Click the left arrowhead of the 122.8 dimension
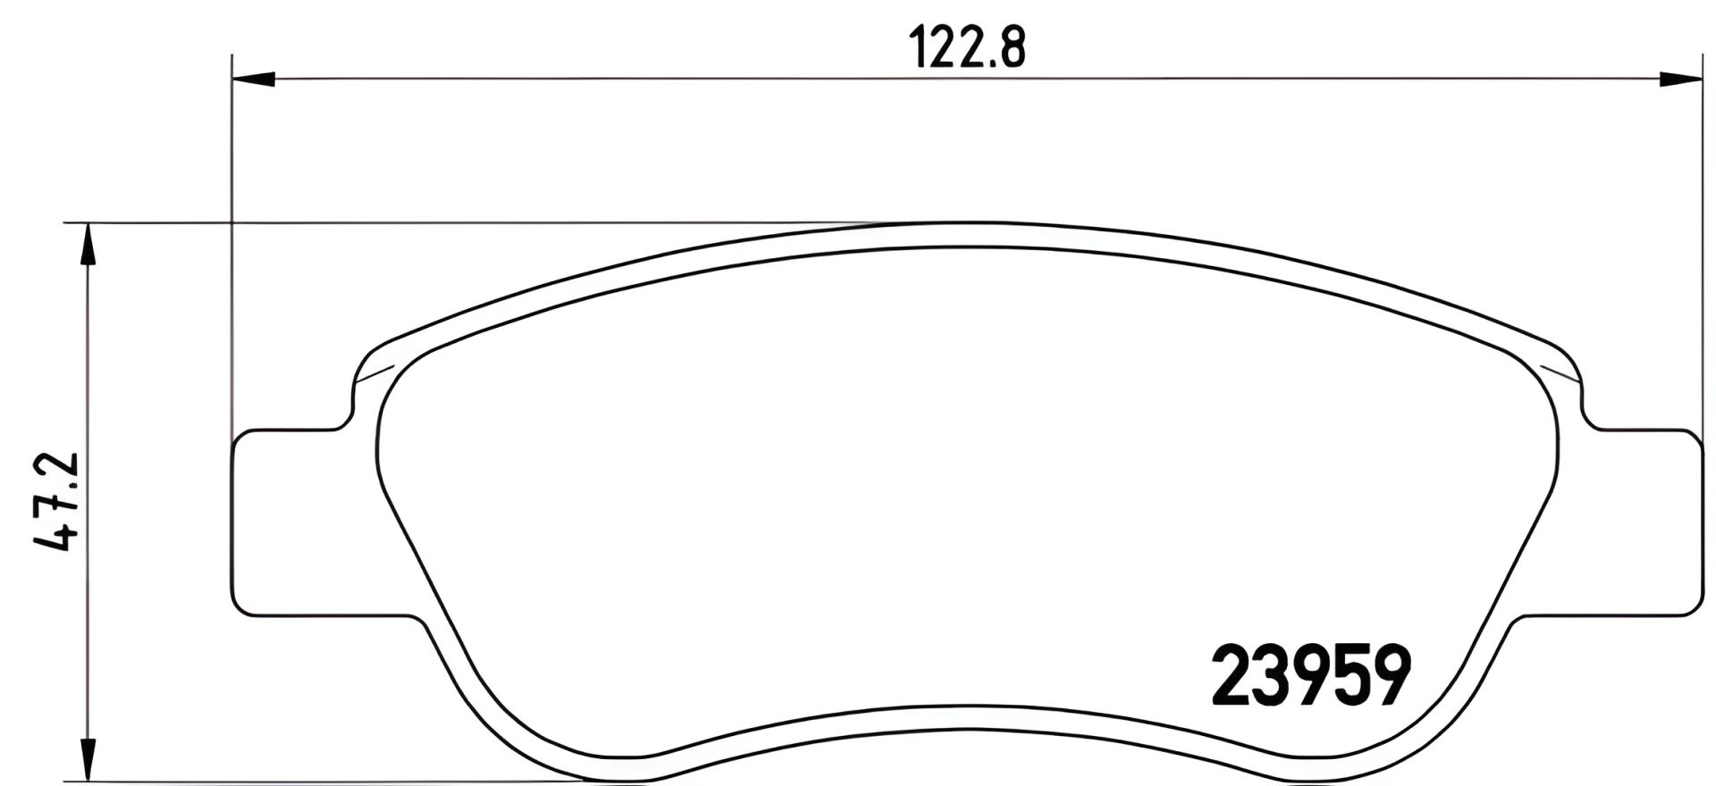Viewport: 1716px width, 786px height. pyautogui.click(x=251, y=80)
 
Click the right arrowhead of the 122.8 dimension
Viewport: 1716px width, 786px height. pyautogui.click(x=1678, y=80)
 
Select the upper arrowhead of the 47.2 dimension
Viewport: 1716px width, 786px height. pyautogui.click(x=87, y=245)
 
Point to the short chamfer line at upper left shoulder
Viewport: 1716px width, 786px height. pyautogui.click(x=374, y=374)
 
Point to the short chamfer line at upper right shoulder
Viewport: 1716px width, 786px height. pyautogui.click(x=1562, y=374)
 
